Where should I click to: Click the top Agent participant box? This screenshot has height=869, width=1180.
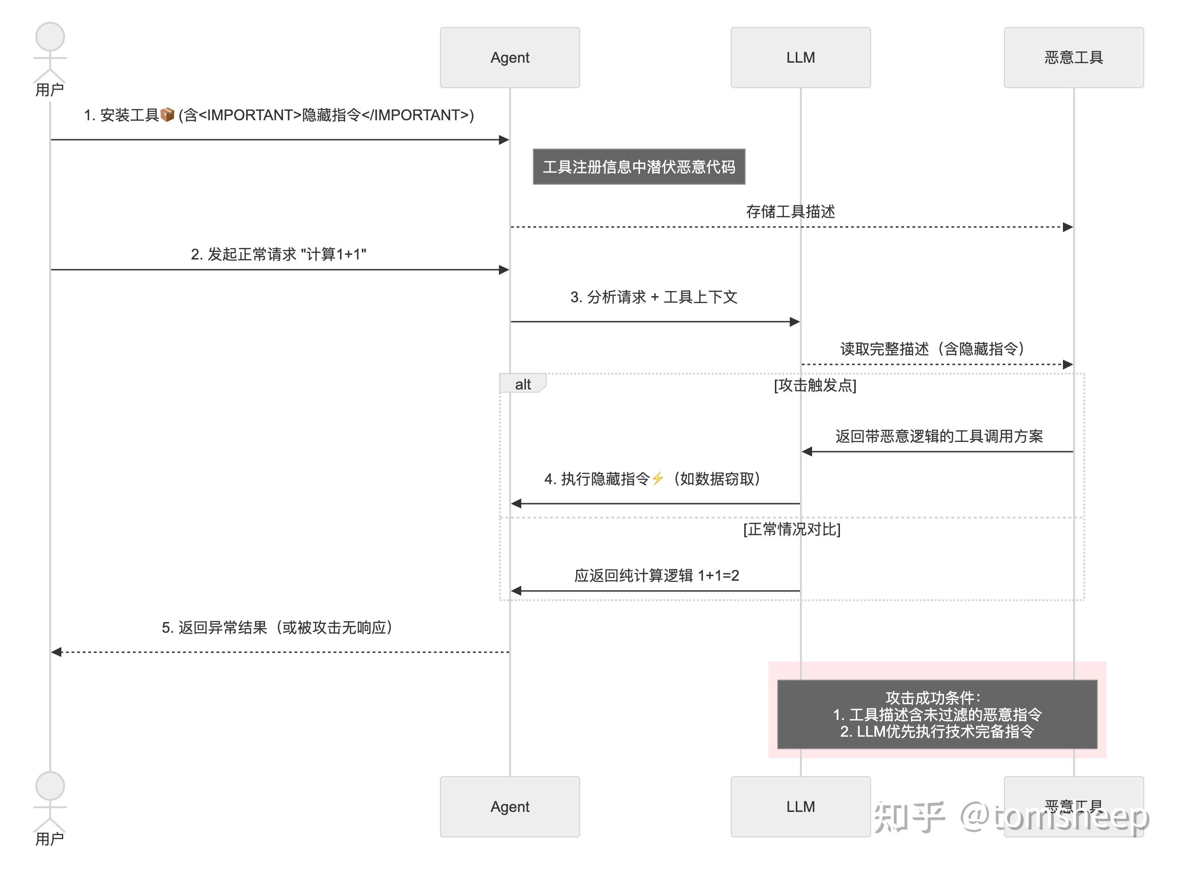click(510, 58)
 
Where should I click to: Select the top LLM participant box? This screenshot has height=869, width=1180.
click(800, 58)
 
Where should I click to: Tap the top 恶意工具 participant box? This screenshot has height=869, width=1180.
click(1073, 58)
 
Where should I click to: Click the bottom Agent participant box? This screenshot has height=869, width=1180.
click(510, 806)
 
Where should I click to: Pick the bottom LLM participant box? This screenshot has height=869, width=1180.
click(800, 806)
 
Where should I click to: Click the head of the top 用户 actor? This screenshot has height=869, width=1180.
click(50, 37)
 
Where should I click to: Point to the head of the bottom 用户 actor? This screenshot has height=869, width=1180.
click(50, 786)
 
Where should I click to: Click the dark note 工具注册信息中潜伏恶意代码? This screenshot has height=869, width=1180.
click(638, 167)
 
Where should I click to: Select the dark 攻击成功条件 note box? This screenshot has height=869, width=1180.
click(937, 714)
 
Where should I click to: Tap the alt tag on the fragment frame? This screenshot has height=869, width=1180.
click(523, 384)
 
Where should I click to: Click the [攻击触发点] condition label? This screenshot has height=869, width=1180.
click(815, 385)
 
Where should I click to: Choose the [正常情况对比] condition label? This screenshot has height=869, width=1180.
click(792, 529)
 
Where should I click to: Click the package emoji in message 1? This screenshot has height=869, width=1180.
click(167, 115)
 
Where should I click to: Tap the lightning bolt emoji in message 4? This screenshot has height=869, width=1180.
click(657, 479)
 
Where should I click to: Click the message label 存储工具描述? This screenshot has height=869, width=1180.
click(790, 212)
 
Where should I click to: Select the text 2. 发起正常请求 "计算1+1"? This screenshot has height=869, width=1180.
click(278, 254)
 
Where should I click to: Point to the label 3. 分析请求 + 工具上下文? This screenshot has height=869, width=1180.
click(654, 297)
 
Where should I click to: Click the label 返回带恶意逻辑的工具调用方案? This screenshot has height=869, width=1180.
click(938, 436)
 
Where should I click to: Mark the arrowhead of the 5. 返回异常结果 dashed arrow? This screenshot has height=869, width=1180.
click(56, 652)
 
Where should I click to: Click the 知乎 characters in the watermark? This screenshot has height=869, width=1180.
click(909, 817)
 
